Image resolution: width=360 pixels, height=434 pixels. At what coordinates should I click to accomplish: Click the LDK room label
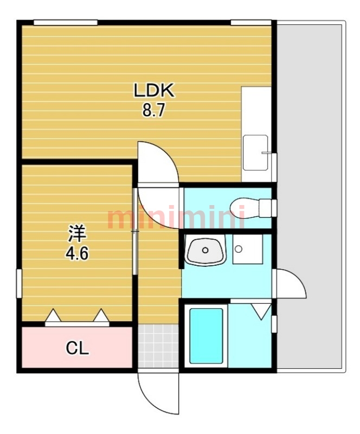tap(154, 90)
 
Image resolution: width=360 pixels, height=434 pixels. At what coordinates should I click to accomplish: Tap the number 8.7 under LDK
tap(153, 111)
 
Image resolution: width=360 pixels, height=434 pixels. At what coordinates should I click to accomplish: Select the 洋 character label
tap(77, 233)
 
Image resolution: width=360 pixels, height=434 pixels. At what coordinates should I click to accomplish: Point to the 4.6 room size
tap(76, 253)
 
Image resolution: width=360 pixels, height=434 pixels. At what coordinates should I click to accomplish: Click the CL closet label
tap(77, 348)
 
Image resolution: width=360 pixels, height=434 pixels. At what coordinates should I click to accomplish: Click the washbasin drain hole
tap(205, 250)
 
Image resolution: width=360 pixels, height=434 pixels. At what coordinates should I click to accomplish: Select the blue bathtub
tap(206, 336)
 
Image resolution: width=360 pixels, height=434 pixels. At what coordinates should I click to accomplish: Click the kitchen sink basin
tap(255, 152)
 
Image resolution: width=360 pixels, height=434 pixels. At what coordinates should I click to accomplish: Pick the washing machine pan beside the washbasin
tap(248, 249)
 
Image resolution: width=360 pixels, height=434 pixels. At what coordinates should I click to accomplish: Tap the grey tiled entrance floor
tap(158, 346)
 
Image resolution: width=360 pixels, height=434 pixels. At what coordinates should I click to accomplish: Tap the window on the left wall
tap(19, 283)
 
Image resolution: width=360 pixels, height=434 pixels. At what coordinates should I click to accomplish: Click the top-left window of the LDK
tap(66, 22)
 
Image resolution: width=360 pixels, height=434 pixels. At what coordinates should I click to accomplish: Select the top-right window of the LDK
tap(251, 22)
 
